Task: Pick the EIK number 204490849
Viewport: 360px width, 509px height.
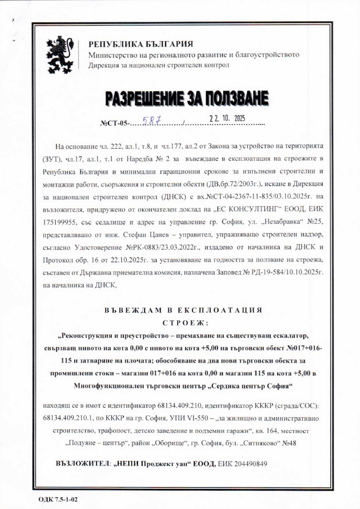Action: point(250,463)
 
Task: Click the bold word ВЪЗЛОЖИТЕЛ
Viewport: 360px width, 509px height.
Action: point(83,463)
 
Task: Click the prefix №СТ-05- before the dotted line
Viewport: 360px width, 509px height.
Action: point(114,124)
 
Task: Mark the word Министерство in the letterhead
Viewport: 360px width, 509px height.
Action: point(109,55)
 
